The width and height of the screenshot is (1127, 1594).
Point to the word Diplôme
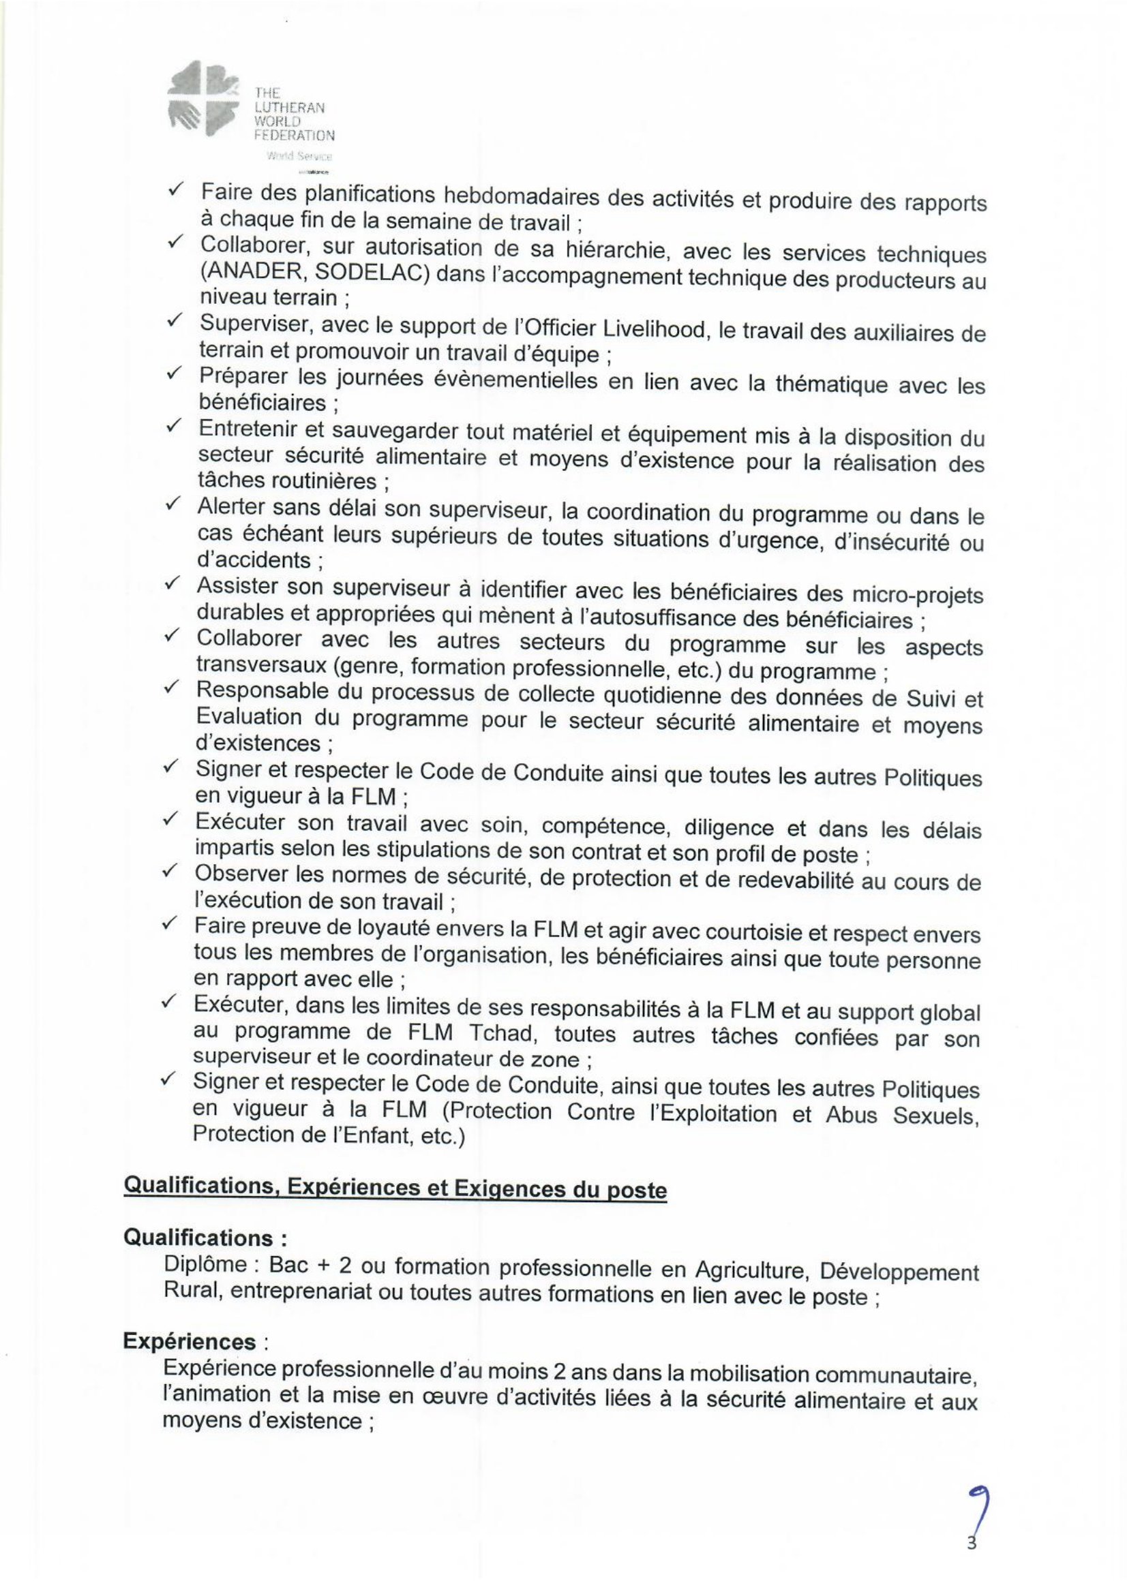click(205, 1264)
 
